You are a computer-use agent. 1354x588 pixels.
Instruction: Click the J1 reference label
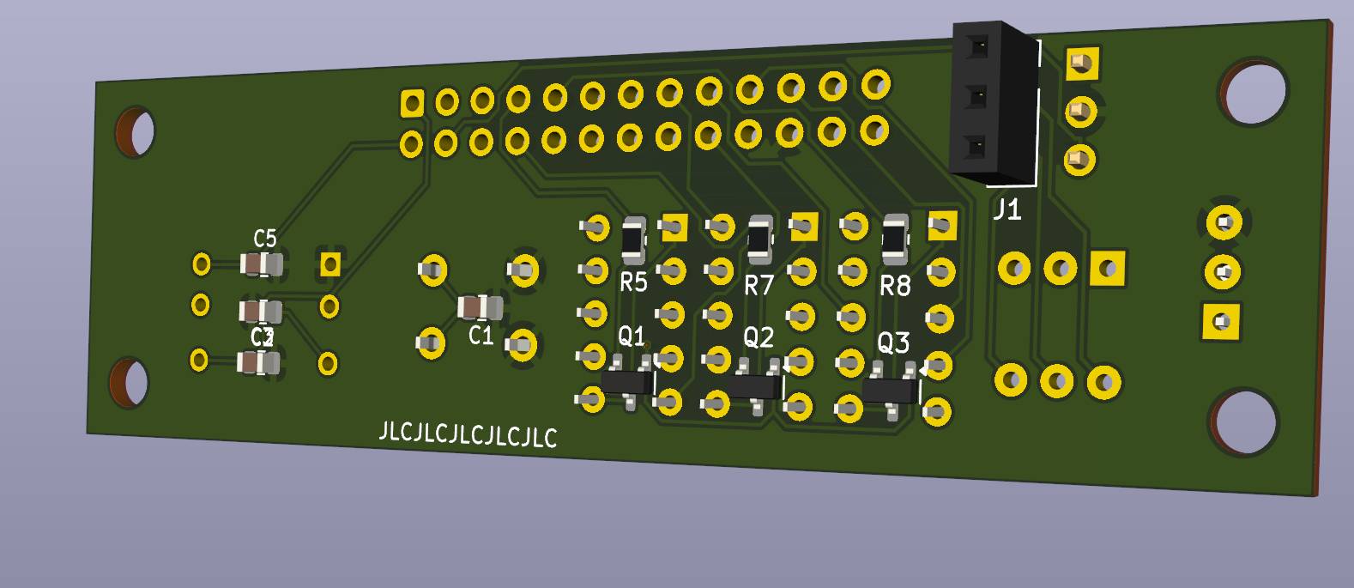click(1006, 209)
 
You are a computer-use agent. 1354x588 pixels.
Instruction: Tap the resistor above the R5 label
click(633, 239)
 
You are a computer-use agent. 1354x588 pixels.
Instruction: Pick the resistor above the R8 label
click(893, 239)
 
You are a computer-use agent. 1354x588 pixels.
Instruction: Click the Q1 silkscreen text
click(631, 336)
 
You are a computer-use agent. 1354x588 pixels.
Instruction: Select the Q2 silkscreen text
click(758, 337)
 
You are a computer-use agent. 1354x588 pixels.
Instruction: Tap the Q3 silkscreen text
click(892, 343)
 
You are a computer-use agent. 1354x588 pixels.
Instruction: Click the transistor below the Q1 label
click(627, 383)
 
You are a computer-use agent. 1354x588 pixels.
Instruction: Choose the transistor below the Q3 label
click(890, 391)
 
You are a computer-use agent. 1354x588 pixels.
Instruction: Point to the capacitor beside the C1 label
click(480, 306)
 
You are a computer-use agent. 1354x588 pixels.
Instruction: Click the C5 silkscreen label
click(265, 239)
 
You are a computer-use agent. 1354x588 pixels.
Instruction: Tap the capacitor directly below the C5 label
click(261, 265)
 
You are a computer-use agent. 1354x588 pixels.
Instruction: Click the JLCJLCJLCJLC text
click(468, 435)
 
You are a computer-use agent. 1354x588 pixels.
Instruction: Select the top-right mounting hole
click(1254, 93)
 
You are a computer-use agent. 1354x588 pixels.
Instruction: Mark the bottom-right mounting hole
click(1243, 422)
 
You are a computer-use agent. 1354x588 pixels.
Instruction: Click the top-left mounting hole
click(136, 132)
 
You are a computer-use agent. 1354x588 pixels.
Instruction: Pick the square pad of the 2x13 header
click(412, 104)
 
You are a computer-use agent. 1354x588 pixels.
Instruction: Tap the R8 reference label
click(895, 286)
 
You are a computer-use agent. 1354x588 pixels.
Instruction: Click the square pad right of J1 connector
click(1082, 63)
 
